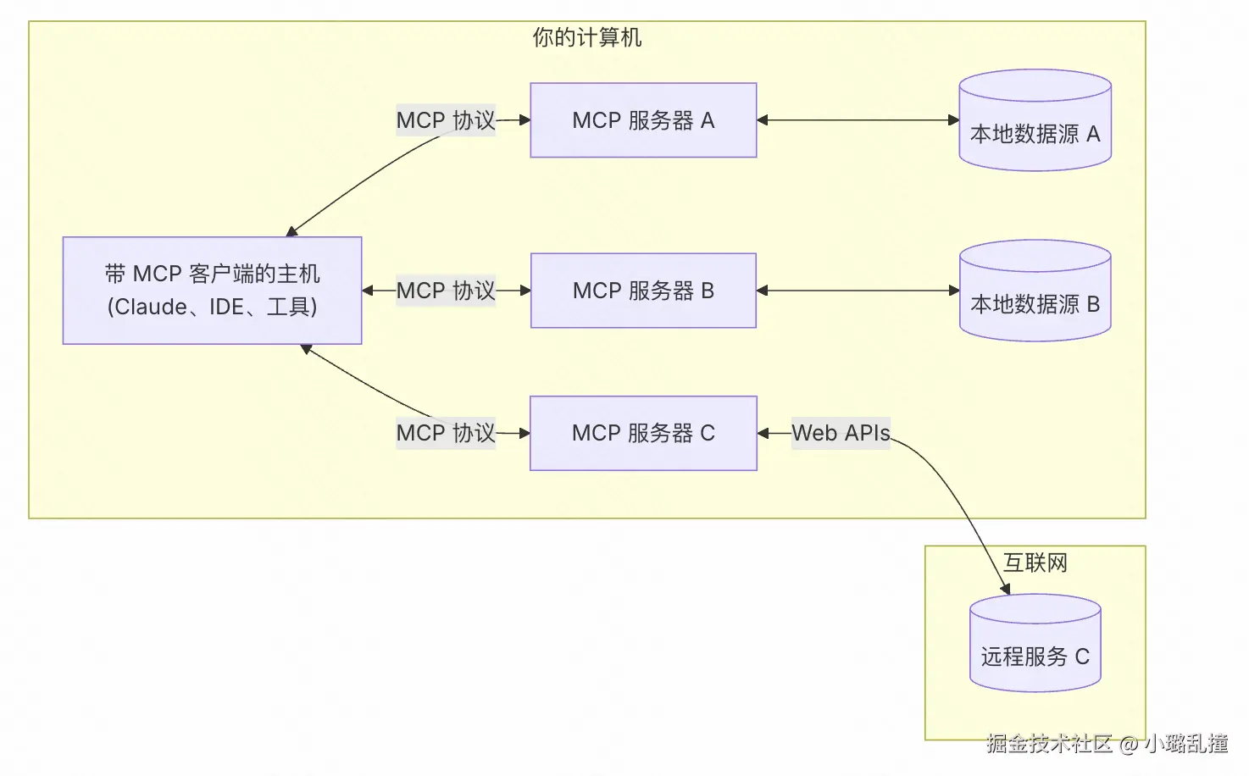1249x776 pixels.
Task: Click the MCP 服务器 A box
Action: coord(643,120)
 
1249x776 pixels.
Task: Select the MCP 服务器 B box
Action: coord(643,291)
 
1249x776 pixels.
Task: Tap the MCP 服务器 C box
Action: coord(643,433)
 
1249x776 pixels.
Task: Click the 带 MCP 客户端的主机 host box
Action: coord(213,291)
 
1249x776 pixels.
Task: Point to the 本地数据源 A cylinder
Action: coord(1035,120)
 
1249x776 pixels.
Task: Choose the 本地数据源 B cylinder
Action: coord(1035,291)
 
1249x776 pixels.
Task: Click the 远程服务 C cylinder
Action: coord(1035,643)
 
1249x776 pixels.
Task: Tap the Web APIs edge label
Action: coord(841,433)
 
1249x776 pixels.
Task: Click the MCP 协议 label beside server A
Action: coord(446,120)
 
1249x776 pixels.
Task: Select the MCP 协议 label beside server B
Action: coord(446,291)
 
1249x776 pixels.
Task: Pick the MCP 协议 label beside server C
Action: coord(446,433)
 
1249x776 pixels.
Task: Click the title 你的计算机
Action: coord(587,37)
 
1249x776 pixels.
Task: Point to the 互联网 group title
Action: coord(1035,563)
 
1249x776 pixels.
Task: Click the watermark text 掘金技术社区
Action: coord(1049,744)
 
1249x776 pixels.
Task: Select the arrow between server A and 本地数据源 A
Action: coord(858,119)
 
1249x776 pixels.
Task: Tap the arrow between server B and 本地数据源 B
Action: coord(858,291)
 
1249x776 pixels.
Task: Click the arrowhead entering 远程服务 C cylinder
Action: coord(1005,590)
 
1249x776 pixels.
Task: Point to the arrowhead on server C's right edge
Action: coord(763,433)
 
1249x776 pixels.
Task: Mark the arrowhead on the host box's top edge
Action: coord(291,231)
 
